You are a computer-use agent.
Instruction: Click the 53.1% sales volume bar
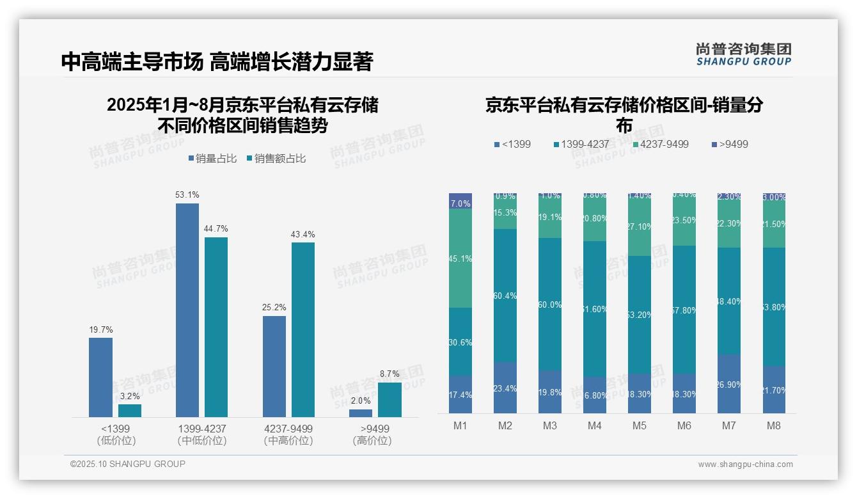[187, 310]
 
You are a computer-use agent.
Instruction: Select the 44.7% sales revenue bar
[216, 327]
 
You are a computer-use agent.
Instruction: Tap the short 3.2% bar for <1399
[130, 410]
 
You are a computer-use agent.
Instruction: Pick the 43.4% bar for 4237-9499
[303, 329]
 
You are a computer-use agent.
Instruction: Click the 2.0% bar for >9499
[361, 413]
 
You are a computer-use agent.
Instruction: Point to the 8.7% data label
[389, 374]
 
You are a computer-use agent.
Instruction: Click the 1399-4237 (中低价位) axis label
[202, 434]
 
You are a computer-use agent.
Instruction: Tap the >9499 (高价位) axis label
[372, 434]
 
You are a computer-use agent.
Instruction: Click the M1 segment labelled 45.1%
[460, 258]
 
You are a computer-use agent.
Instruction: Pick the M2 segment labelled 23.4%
[505, 388]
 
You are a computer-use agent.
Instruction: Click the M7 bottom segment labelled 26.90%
[729, 384]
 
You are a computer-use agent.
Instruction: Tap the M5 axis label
[640, 426]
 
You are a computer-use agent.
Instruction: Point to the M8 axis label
[774, 426]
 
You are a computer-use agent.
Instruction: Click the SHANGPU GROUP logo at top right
[743, 54]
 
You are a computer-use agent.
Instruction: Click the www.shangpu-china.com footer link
[745, 464]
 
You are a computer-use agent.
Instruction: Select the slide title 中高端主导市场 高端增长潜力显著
[217, 62]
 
